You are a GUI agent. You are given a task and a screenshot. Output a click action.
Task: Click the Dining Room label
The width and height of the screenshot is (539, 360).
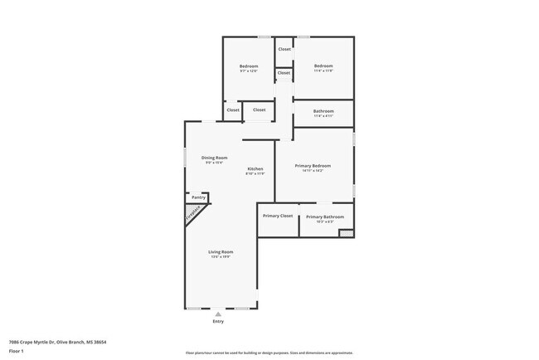pos(214,157)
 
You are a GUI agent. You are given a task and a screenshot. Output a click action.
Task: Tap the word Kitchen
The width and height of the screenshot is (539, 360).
pos(255,168)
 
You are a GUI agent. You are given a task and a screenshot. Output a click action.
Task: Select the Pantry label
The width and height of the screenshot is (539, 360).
pos(198,197)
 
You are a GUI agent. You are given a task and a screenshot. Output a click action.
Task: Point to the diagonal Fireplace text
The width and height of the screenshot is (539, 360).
pos(192,214)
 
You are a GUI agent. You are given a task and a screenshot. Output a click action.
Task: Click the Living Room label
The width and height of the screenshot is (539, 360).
pos(221,251)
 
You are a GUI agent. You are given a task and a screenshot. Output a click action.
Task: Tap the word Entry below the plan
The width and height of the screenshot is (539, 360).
pos(218,321)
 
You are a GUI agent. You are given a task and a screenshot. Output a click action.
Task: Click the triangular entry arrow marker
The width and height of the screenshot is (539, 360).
pos(218,314)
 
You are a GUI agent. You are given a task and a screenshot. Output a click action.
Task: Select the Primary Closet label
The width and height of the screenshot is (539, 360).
pos(278,216)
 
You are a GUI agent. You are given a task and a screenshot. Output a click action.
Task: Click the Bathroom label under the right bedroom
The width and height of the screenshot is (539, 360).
pos(323,111)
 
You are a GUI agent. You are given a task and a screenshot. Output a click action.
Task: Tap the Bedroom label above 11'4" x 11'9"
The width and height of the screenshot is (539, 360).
pos(323,66)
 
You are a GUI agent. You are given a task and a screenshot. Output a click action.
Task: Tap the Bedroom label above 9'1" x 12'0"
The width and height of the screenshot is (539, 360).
pos(249,66)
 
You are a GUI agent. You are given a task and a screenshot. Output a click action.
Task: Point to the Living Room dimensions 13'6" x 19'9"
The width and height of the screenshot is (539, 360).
pos(221,257)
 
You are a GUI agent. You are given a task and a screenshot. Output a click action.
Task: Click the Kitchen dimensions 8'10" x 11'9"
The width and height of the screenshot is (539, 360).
pos(255,173)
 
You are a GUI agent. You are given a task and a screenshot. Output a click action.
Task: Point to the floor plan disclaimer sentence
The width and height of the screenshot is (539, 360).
pos(269,353)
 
